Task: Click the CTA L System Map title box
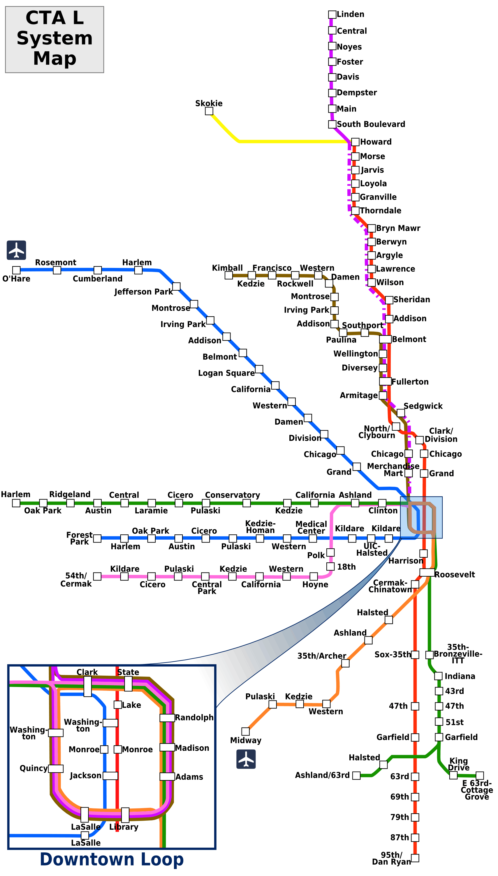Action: pyautogui.click(x=55, y=39)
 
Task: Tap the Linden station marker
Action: pyautogui.click(x=332, y=14)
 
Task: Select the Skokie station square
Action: pyautogui.click(x=209, y=111)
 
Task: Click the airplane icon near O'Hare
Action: pyautogui.click(x=16, y=250)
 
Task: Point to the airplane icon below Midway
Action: pyautogui.click(x=246, y=759)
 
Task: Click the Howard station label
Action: pyautogui.click(x=376, y=142)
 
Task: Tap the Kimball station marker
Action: pyautogui.click(x=229, y=275)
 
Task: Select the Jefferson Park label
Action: pyautogui.click(x=144, y=292)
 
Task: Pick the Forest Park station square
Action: pyautogui.click(x=97, y=538)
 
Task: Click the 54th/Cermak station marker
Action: pyautogui.click(x=97, y=576)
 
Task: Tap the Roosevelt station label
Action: pyautogui.click(x=454, y=575)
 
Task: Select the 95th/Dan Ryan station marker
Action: pyautogui.click(x=415, y=858)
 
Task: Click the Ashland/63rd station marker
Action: pyautogui.click(x=356, y=775)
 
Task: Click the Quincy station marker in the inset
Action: pyautogui.click(x=56, y=768)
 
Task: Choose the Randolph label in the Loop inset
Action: pyautogui.click(x=194, y=717)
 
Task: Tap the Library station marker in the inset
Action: pyautogui.click(x=125, y=815)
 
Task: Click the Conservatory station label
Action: pyautogui.click(x=232, y=495)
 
